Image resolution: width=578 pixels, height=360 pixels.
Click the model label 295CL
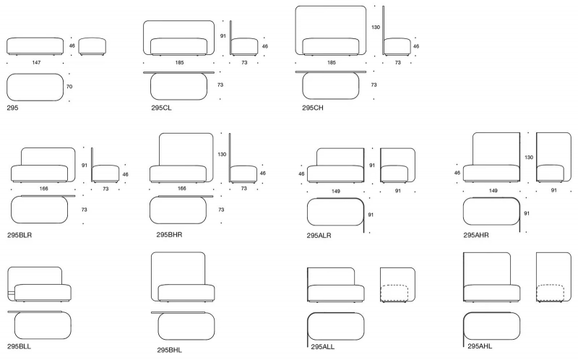[x=161, y=108]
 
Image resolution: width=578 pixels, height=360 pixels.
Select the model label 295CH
[x=313, y=108]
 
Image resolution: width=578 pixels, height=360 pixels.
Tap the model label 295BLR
[x=20, y=235]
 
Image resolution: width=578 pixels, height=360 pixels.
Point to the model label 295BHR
[x=169, y=235]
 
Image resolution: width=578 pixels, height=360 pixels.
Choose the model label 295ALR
[x=319, y=236]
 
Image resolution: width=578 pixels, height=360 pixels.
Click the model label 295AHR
[x=476, y=235]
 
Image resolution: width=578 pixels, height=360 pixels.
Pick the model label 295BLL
[x=20, y=347]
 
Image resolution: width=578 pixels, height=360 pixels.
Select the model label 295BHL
[x=170, y=350]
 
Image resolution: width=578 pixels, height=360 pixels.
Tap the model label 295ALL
[x=322, y=347]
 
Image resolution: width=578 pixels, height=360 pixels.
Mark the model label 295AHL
[x=480, y=346]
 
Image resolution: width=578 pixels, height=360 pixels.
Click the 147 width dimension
[x=36, y=63]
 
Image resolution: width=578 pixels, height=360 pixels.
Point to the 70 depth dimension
[x=69, y=87]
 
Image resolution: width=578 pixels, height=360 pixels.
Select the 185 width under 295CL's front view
[x=179, y=63]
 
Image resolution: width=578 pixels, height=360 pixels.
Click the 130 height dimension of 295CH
[x=376, y=27]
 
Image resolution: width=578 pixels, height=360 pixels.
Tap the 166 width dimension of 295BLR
[x=43, y=189]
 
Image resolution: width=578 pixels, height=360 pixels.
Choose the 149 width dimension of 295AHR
[x=493, y=191]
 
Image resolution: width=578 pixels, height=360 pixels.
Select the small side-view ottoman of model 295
[x=92, y=46]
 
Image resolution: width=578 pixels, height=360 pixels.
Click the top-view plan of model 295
[x=35, y=87]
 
